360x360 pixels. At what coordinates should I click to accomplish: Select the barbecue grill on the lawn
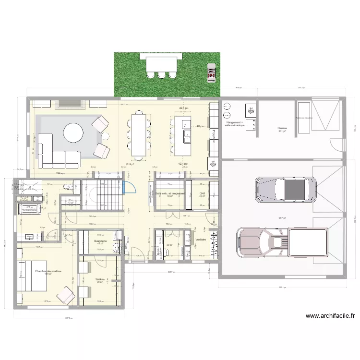[210, 72]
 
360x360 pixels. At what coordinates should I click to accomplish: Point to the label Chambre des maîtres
[48, 272]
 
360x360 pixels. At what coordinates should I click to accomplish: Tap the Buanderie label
[100, 241]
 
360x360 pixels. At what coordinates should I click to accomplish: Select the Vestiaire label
[201, 239]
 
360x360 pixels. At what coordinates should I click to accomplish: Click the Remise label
[282, 129]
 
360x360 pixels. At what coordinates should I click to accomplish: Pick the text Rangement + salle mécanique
[235, 124]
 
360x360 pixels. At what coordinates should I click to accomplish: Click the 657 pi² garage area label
[282, 218]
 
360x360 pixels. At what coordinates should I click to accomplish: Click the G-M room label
[202, 194]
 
